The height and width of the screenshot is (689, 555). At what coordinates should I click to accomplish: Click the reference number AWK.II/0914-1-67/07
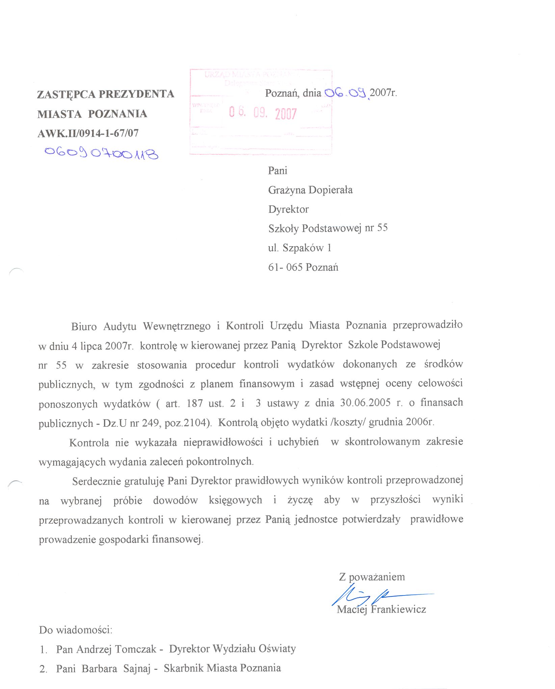pyautogui.click(x=88, y=133)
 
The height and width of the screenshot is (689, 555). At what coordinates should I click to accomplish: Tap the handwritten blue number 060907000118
pyautogui.click(x=101, y=153)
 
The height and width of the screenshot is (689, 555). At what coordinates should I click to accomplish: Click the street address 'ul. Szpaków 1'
pyautogui.click(x=299, y=248)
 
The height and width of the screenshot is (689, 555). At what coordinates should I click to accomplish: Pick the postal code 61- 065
pyautogui.click(x=285, y=267)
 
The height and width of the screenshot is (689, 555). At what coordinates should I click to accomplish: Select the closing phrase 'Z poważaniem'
pyautogui.click(x=372, y=577)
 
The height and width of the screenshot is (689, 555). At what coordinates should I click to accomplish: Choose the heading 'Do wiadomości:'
pyautogui.click(x=76, y=630)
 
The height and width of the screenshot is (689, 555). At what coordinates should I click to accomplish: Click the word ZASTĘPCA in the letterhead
pyautogui.click(x=66, y=94)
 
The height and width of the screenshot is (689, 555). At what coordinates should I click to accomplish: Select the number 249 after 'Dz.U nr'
pyautogui.click(x=150, y=423)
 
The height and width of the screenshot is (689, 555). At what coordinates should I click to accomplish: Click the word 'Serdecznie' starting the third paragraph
pyautogui.click(x=97, y=481)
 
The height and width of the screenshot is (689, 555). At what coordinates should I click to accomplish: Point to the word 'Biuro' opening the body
pyautogui.click(x=84, y=327)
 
